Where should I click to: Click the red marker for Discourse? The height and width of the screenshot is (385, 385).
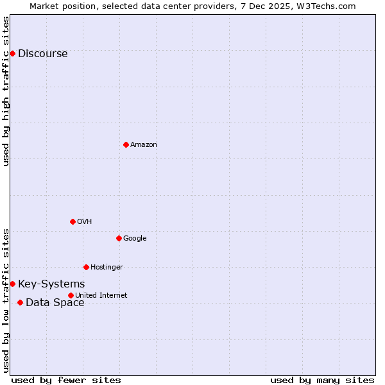(x=12, y=53)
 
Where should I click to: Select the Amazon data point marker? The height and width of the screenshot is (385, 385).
(x=126, y=144)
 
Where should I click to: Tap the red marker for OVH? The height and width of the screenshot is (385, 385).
(x=73, y=221)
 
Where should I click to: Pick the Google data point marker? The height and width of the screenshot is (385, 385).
(x=119, y=238)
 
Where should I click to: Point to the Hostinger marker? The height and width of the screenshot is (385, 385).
(x=86, y=267)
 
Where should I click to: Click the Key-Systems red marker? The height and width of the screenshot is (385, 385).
(x=12, y=284)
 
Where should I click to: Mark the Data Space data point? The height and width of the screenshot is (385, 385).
(x=20, y=302)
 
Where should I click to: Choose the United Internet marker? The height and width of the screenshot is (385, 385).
(x=71, y=295)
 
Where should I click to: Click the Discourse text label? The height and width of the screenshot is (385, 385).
(x=42, y=54)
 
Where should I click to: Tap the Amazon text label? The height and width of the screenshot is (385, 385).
(x=143, y=145)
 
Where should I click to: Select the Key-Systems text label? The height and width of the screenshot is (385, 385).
(x=51, y=284)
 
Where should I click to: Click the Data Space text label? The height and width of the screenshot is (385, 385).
(x=55, y=303)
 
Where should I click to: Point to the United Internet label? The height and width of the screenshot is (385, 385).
(x=101, y=296)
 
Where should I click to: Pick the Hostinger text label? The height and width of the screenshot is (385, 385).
(x=107, y=268)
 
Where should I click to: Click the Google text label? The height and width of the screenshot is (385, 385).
(x=135, y=239)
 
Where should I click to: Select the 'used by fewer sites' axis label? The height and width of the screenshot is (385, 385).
(x=66, y=380)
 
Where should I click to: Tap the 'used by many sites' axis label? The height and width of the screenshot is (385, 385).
(x=322, y=380)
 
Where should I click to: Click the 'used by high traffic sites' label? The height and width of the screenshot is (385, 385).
(x=6, y=91)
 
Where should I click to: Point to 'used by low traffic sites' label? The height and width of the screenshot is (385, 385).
(x=6, y=300)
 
